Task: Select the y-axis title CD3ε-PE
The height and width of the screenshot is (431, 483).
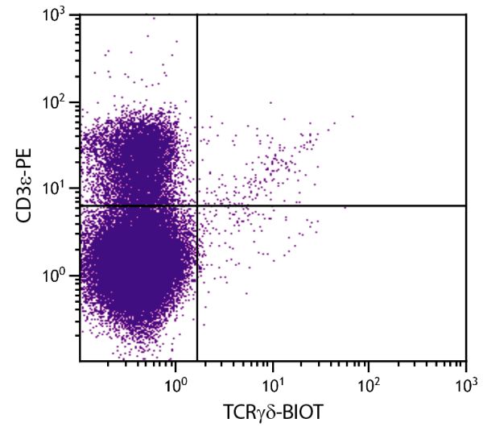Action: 24,188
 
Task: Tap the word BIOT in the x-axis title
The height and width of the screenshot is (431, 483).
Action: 303,413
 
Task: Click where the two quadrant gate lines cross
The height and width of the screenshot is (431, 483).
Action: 197,205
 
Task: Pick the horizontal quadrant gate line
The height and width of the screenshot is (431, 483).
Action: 338,205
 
